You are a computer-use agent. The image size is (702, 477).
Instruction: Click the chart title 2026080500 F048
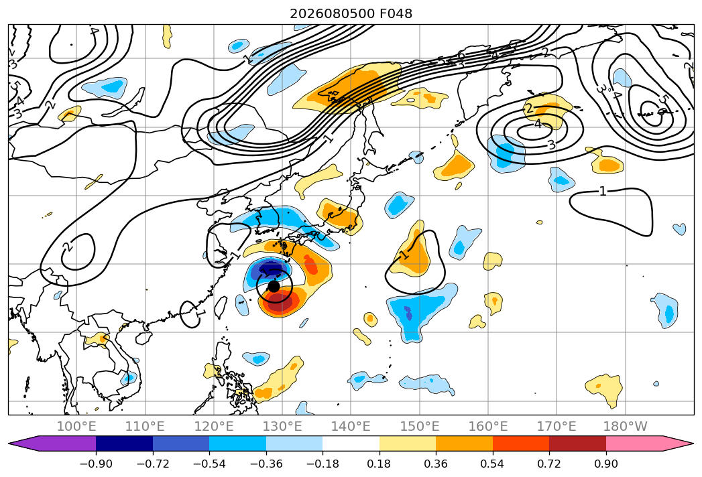tap(351, 14)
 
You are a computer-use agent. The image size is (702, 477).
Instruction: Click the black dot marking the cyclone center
tap(274, 286)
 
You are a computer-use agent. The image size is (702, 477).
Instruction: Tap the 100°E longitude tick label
tap(77, 427)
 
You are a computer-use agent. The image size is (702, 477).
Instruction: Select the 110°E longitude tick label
tap(145, 427)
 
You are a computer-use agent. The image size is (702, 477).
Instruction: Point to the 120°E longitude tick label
tap(214, 427)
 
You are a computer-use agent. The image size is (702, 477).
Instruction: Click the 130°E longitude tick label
tap(282, 427)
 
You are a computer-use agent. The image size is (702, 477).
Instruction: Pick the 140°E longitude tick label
tap(351, 427)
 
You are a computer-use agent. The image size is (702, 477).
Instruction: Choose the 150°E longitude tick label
tap(420, 427)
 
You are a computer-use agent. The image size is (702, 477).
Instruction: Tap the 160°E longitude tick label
tap(488, 427)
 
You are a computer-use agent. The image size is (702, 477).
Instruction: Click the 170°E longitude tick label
tap(557, 427)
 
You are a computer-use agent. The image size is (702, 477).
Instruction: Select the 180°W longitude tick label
tap(626, 427)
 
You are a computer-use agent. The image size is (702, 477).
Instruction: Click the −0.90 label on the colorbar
tap(96, 464)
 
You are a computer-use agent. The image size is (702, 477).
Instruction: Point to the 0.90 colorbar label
tap(606, 464)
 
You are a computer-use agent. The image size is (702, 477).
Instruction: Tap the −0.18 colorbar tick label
tap(323, 464)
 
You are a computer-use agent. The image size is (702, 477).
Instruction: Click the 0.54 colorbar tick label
tap(493, 464)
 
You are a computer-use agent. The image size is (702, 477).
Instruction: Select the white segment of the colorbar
tap(351, 444)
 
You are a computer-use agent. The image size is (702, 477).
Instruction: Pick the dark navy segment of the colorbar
tap(124, 444)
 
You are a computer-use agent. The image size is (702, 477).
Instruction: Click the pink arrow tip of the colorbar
tap(692, 444)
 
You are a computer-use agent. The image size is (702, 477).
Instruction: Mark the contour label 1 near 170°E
tap(603, 192)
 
